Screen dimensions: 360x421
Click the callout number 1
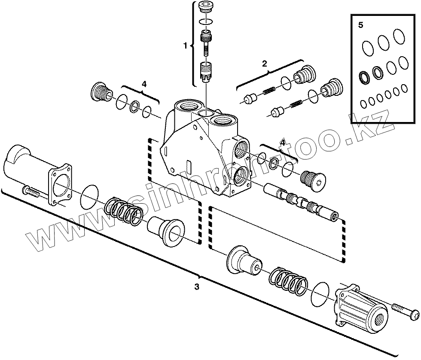point(186,46)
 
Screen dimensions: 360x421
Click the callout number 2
point(265,63)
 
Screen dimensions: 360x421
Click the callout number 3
point(196,287)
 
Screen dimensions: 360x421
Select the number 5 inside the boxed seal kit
point(361,25)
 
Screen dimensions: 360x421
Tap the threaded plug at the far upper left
point(101,92)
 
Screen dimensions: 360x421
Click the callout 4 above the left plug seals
point(144,84)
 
